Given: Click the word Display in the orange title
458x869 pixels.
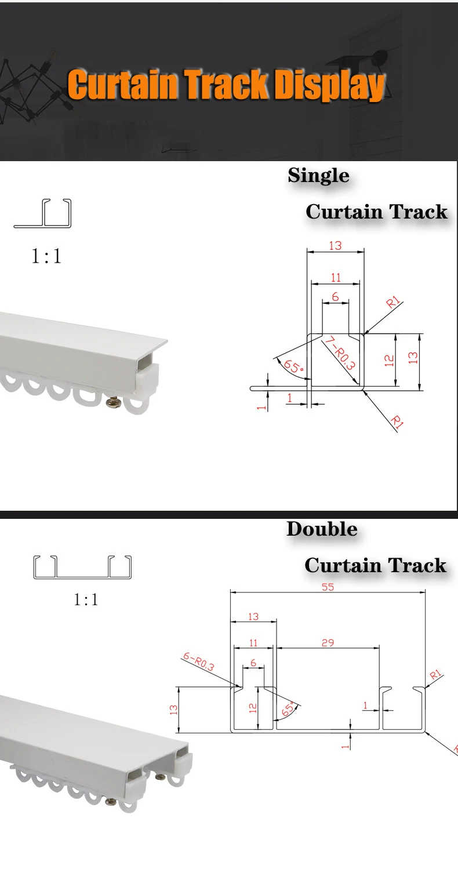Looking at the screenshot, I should coord(329,86).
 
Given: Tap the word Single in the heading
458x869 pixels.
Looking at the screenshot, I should coord(318,175).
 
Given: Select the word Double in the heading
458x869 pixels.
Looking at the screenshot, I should coord(322,529).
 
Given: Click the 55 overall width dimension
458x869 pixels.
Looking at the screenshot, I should coord(328,587).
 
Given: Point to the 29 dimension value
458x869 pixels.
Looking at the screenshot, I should coord(328,643).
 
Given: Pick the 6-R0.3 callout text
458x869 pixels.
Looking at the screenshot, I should coord(198,661).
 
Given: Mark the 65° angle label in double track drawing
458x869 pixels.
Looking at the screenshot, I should coord(288,708).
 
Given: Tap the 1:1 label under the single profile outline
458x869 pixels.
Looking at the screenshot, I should coord(46,256).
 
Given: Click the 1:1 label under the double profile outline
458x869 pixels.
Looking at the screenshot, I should coord(86,599).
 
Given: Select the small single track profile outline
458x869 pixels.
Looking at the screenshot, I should coord(42,213).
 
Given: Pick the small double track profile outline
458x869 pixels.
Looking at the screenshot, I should coord(82,567).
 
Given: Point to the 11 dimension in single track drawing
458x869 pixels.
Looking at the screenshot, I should coord(336,278).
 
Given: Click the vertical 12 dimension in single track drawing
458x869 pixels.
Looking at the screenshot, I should coord(390,360).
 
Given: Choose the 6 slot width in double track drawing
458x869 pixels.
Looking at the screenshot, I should coord(253,662).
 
